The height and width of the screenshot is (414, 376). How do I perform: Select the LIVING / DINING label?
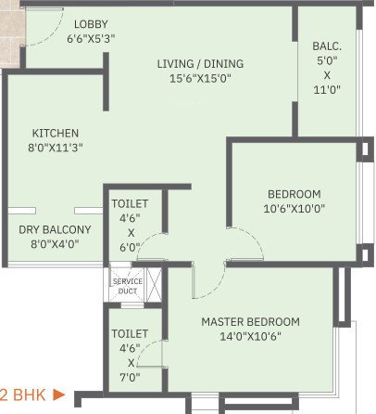pyautogui.click(x=200, y=63)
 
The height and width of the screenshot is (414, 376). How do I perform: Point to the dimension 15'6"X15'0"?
pyautogui.click(x=200, y=79)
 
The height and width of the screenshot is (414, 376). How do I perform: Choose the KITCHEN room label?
pyautogui.click(x=55, y=133)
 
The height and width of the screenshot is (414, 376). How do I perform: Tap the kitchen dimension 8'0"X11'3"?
pyautogui.click(x=55, y=149)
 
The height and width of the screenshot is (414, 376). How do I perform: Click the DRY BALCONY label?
pyautogui.click(x=55, y=229)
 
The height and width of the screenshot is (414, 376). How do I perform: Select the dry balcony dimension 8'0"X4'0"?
pyautogui.click(x=55, y=244)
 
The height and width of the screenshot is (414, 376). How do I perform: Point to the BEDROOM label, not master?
pyautogui.click(x=295, y=194)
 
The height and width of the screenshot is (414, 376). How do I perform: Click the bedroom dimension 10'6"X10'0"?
pyautogui.click(x=295, y=209)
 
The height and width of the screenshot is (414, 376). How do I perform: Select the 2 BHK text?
pyautogui.click(x=21, y=395)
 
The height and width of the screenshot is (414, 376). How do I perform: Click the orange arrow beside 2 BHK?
pyautogui.click(x=58, y=395)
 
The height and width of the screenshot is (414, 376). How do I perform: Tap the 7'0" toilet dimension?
pyautogui.click(x=132, y=379)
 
